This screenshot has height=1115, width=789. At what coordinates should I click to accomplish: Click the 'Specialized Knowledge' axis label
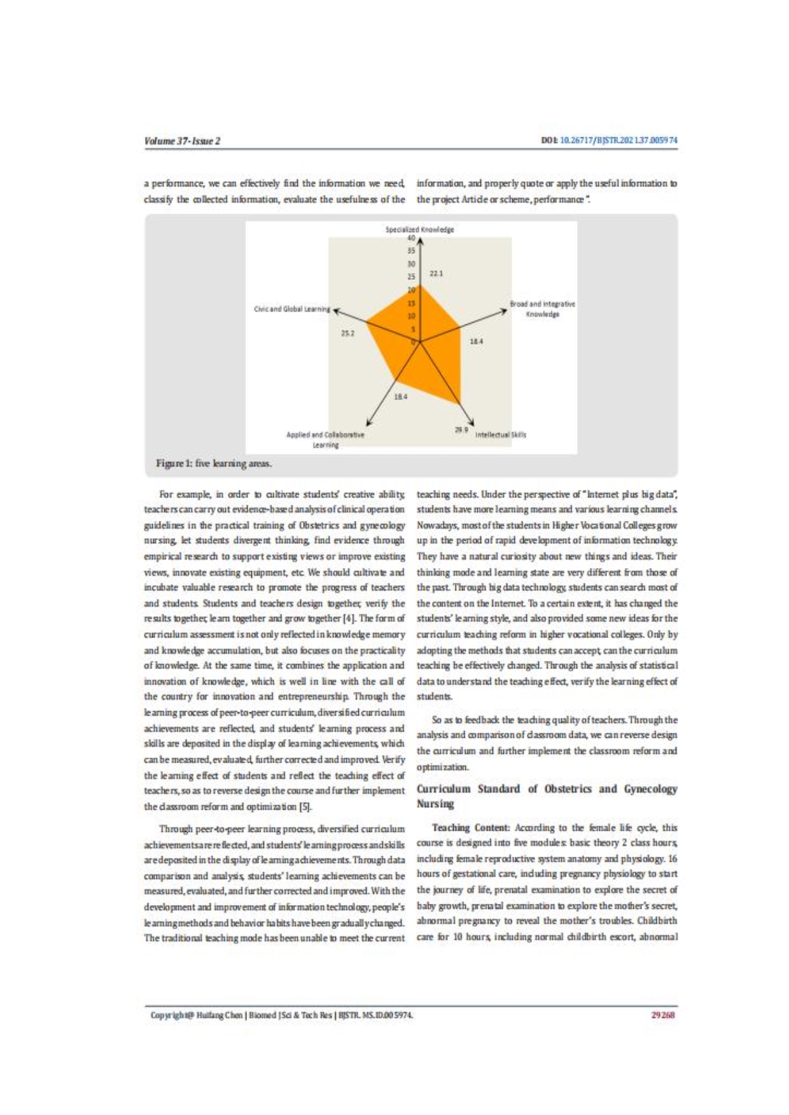click(419, 230)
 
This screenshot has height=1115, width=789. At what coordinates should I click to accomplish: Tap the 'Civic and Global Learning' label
click(292, 309)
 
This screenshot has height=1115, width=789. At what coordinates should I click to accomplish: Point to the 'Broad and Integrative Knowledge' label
click(542, 309)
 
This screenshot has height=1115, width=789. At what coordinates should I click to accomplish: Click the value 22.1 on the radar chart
click(436, 274)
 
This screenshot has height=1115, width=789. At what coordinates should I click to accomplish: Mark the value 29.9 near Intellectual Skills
click(461, 430)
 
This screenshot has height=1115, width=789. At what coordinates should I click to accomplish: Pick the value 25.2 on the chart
click(347, 333)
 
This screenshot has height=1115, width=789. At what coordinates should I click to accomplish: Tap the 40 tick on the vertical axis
click(411, 239)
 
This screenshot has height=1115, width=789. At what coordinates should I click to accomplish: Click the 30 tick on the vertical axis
click(411, 264)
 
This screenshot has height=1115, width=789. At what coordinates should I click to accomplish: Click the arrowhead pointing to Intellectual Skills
click(471, 422)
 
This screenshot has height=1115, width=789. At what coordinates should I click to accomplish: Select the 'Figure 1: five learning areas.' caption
click(214, 463)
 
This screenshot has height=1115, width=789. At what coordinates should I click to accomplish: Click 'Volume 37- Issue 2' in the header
click(182, 141)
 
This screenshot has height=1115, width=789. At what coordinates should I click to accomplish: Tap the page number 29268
click(662, 1015)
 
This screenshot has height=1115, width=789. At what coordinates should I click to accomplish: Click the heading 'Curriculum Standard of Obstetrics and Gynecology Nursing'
click(547, 796)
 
